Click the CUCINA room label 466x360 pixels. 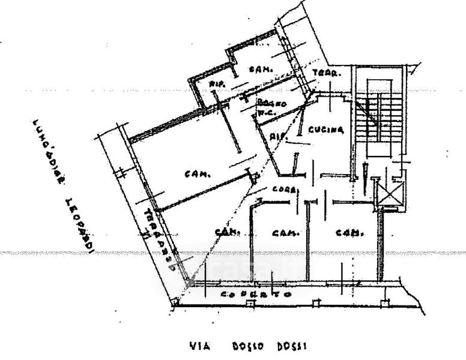pyautogui.click(x=325, y=130)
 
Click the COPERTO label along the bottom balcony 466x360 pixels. pyautogui.click(x=255, y=295)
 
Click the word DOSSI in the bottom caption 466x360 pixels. pyautogui.click(x=292, y=346)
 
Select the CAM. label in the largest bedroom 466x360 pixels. pyautogui.click(x=196, y=175)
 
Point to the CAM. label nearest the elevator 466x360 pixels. pyautogui.click(x=347, y=233)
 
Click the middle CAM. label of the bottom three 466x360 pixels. pyautogui.click(x=282, y=233)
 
